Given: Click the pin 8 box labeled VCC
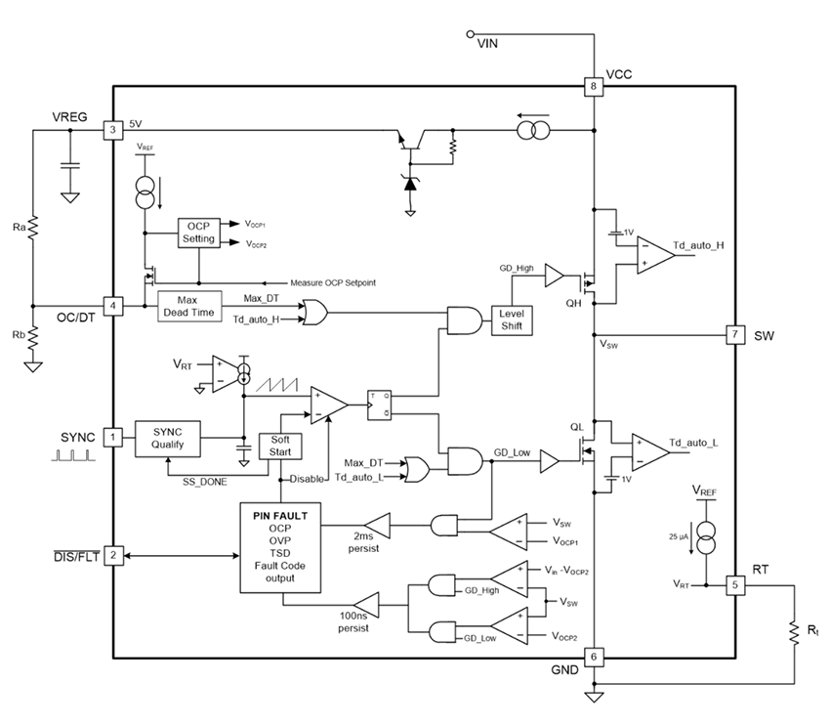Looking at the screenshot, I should click(x=593, y=86).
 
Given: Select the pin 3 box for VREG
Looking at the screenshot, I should click(x=114, y=129).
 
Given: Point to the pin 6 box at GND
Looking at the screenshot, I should click(x=593, y=656).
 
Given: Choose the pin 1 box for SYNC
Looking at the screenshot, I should click(x=114, y=438).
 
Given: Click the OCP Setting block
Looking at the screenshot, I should click(x=198, y=233).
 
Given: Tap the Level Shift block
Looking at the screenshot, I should click(x=513, y=318).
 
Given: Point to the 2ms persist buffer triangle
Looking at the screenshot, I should click(x=376, y=526).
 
